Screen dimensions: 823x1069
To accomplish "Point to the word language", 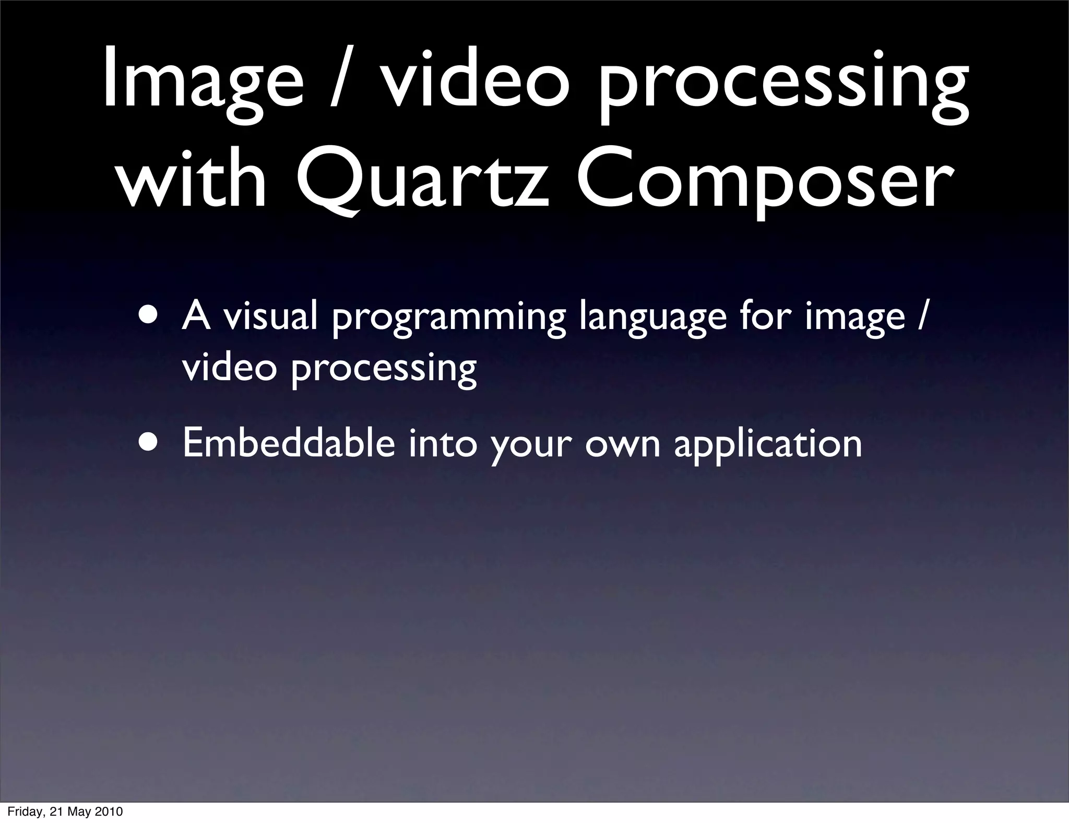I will [653, 320].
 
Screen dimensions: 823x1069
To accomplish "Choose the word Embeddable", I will [289, 443].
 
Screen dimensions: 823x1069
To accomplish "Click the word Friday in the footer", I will [27, 812].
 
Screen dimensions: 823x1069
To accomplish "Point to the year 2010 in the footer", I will [109, 812].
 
